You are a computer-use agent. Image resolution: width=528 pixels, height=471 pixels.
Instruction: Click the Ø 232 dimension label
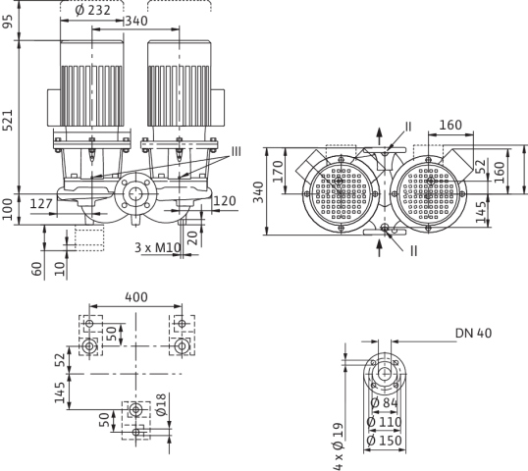pos(92,10)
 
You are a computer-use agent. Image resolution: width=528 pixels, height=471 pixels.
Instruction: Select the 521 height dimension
pos(8,120)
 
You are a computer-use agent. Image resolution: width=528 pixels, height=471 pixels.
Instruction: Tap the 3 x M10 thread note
pos(158,247)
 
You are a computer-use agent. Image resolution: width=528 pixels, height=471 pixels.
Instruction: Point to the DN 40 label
pos(473,334)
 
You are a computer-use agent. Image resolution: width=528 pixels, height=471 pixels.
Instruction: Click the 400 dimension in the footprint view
pos(136,297)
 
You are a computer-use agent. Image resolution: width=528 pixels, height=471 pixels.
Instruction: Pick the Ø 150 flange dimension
pos(384,441)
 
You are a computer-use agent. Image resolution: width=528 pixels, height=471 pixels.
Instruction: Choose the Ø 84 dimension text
pos(384,402)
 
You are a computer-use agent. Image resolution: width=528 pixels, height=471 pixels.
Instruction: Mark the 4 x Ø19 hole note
pos(338,446)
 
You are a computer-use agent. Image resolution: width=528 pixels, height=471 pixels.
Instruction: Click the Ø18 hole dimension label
pos(161,404)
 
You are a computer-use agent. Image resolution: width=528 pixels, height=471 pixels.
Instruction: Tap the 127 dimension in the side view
pos(41,204)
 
